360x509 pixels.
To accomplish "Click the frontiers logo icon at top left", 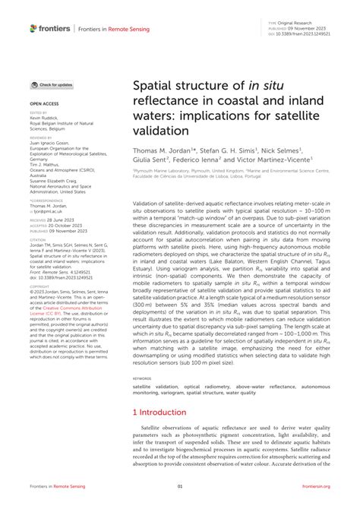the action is (x=33, y=28).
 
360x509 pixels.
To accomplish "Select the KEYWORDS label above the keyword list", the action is (x=142, y=378).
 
